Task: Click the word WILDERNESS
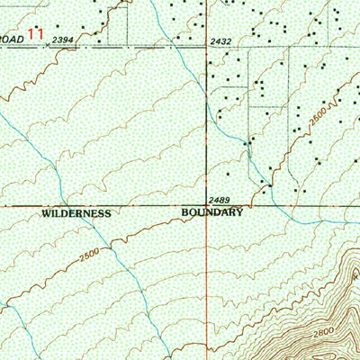point(76,214)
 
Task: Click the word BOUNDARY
point(213,213)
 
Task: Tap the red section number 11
point(36,33)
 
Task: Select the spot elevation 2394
point(63,41)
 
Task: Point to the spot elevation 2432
point(220,41)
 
